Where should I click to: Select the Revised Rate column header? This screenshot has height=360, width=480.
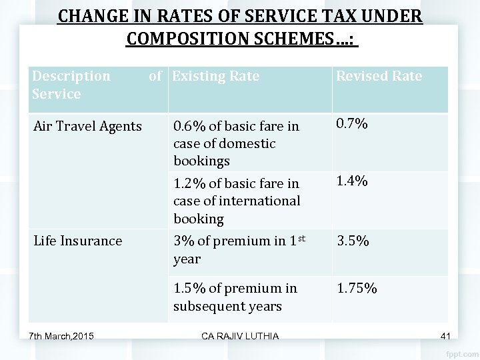tap(379, 76)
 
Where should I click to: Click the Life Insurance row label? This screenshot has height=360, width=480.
tap(79, 240)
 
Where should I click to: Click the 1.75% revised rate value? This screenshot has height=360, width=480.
tap(357, 289)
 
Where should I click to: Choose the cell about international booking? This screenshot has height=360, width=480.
tap(236, 200)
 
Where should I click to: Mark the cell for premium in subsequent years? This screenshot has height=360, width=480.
tap(235, 297)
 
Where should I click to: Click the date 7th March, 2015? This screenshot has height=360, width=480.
tap(61, 334)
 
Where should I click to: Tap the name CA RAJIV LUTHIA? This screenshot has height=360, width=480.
tap(241, 334)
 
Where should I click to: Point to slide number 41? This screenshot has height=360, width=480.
tap(446, 334)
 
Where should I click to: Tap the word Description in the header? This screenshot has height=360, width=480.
tap(71, 76)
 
